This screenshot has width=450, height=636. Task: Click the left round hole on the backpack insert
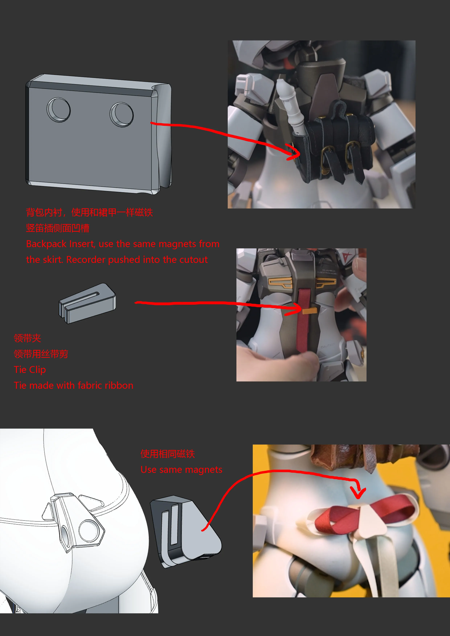pyautogui.click(x=58, y=110)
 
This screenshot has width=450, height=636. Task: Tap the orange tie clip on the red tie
pyautogui.click(x=309, y=311)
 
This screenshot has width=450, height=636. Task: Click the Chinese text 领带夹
pyautogui.click(x=27, y=338)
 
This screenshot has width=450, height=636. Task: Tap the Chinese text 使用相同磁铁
pyautogui.click(x=167, y=454)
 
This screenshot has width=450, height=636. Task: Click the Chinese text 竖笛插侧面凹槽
pyautogui.click(x=58, y=228)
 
